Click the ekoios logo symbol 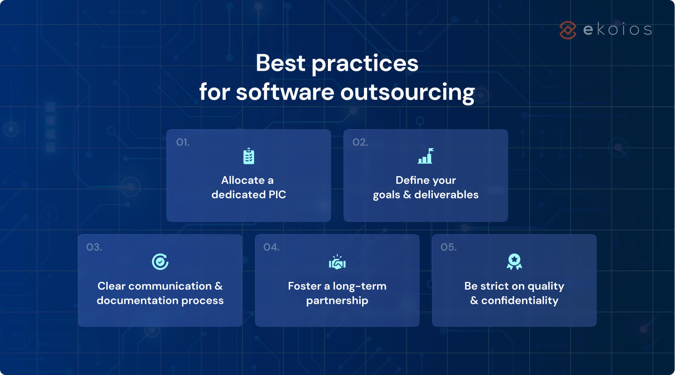coord(568,30)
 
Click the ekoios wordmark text coord(617,30)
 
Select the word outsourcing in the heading coord(407,92)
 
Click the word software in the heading coord(285,92)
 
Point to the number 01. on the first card coord(183,142)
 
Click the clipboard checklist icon coord(249,156)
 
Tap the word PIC coord(277,195)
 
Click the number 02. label coord(360,142)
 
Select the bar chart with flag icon coord(426,156)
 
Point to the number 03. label coord(94,247)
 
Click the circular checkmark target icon coord(160,262)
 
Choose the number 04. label coord(271,247)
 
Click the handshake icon coord(337,262)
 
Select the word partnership coord(337,300)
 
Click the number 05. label coord(449,247)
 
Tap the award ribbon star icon coord(514,262)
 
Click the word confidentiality coord(520,300)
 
